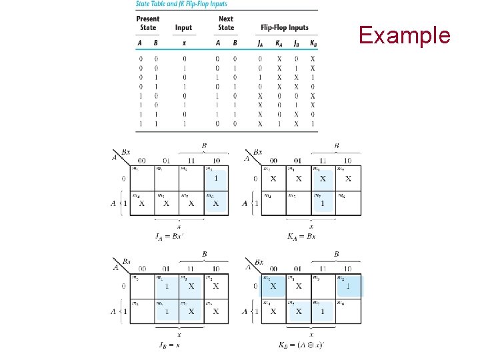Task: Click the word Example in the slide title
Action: click(405, 35)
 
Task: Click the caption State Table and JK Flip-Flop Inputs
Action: click(181, 4)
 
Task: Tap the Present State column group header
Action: click(148, 23)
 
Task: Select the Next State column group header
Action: click(226, 23)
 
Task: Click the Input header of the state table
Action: click(183, 27)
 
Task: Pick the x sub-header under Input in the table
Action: click(184, 44)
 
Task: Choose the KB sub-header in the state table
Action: click(313, 44)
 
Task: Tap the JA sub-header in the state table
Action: click(260, 44)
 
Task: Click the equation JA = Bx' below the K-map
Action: click(170, 236)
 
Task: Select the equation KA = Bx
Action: click(301, 236)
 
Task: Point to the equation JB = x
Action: click(169, 345)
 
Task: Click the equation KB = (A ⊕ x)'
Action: click(301, 345)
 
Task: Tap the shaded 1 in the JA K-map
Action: click(215, 178)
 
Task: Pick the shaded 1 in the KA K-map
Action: click(323, 203)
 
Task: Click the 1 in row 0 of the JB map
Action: click(166, 286)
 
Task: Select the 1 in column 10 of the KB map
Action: click(348, 286)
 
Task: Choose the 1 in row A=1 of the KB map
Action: click(323, 311)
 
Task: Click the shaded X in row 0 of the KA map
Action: click(323, 178)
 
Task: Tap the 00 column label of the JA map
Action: click(141, 160)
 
